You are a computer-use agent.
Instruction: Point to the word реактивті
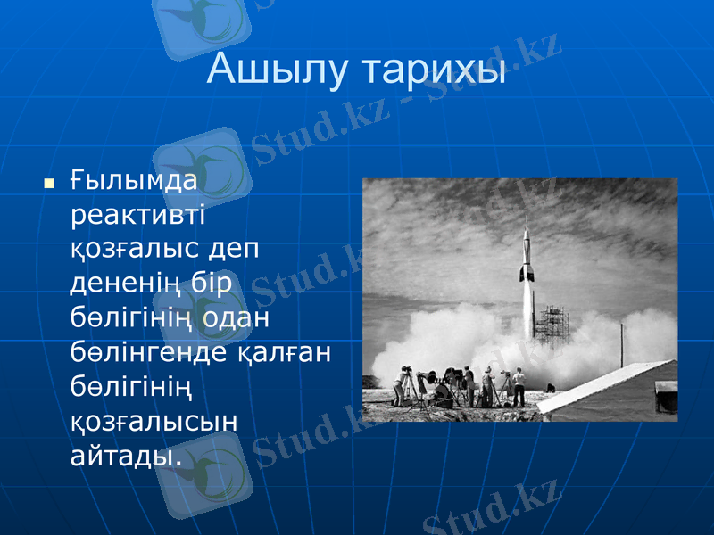137,216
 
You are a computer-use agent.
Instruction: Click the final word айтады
125,455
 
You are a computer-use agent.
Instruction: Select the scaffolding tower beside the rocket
554,325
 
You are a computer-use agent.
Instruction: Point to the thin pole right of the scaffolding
621,343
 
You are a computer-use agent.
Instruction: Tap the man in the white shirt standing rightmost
519,385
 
